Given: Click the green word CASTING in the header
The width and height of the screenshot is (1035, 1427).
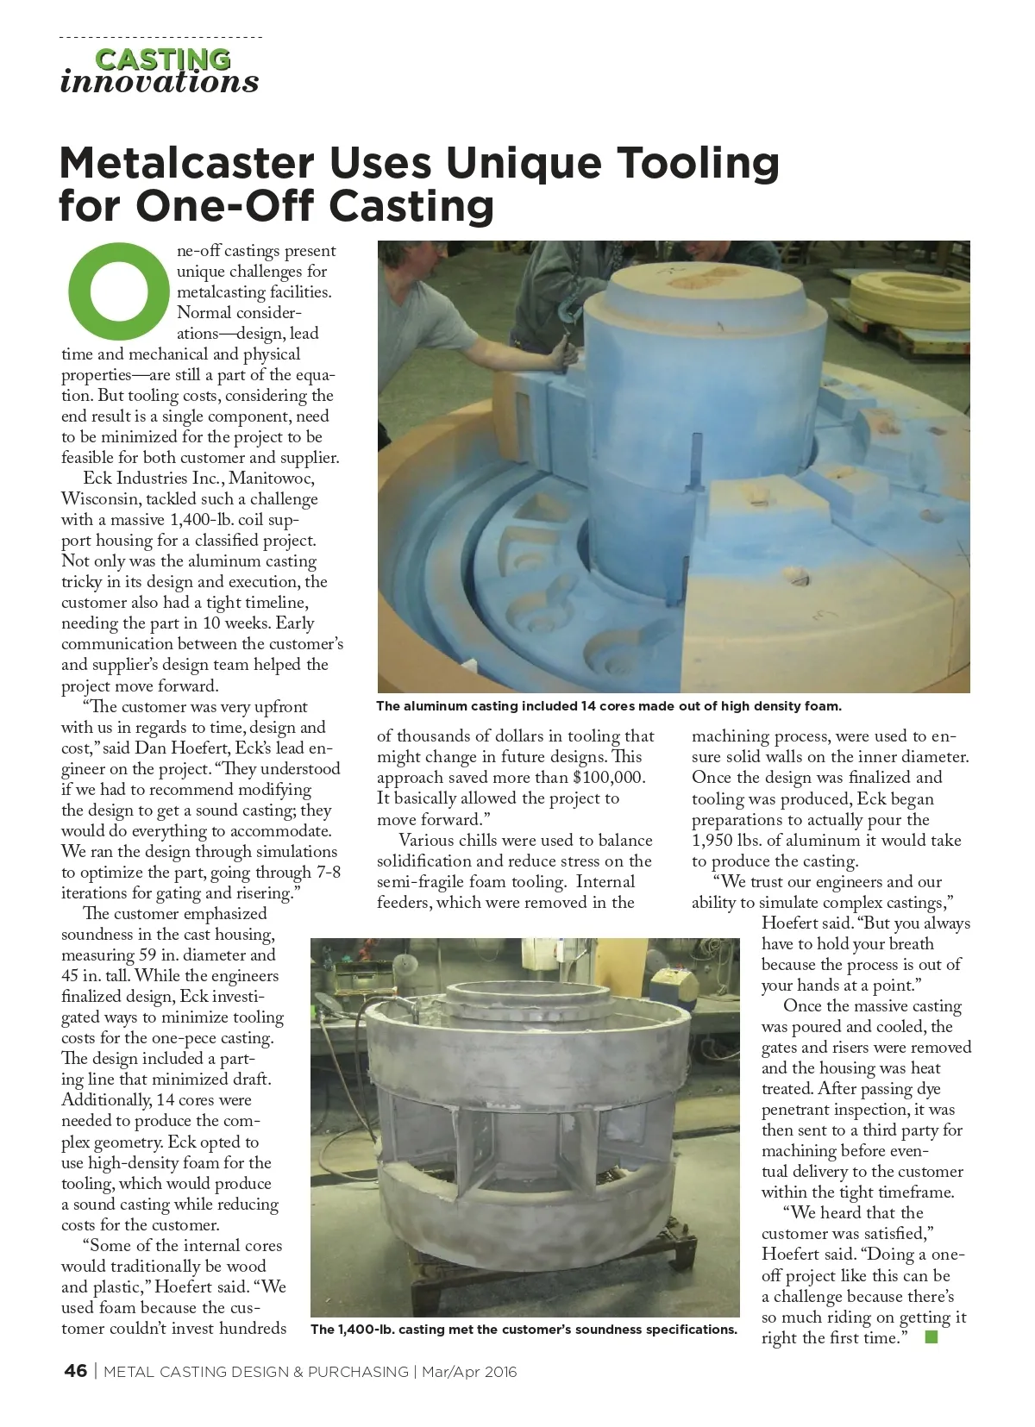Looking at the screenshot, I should [x=162, y=59].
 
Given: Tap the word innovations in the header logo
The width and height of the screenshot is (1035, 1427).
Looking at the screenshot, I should [x=160, y=82].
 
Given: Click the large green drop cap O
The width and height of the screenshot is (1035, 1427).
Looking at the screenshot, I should [x=118, y=291].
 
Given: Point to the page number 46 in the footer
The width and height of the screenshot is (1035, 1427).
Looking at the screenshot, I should [x=76, y=1371].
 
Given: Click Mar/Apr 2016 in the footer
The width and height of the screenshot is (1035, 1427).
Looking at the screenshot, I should [x=469, y=1372].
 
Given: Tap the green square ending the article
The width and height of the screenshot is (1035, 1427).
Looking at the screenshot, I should [x=930, y=1337].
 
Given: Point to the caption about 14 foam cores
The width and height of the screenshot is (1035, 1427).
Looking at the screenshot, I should [x=608, y=706].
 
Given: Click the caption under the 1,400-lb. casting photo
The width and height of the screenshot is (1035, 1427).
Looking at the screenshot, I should [x=524, y=1330].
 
